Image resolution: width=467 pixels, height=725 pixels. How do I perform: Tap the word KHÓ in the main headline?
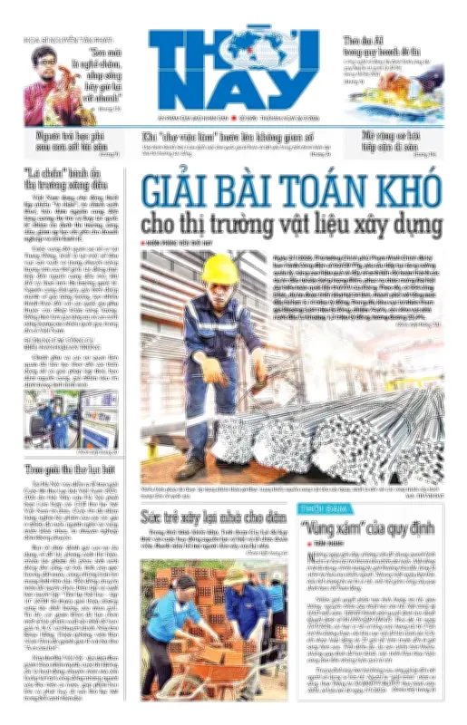point(413,191)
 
